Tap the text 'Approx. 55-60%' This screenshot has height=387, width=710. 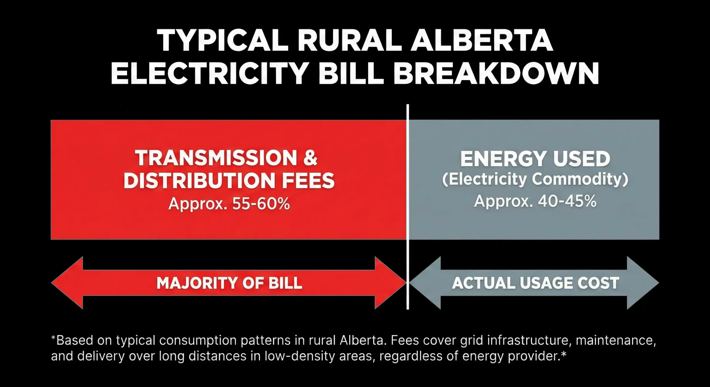229,204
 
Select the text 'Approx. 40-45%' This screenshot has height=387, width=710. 535,201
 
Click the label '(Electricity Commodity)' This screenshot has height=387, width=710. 535,179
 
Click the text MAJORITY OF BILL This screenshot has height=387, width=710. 229,283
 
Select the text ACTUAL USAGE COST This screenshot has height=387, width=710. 536,283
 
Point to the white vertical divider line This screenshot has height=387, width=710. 408,207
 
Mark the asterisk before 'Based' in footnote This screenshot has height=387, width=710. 54,338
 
